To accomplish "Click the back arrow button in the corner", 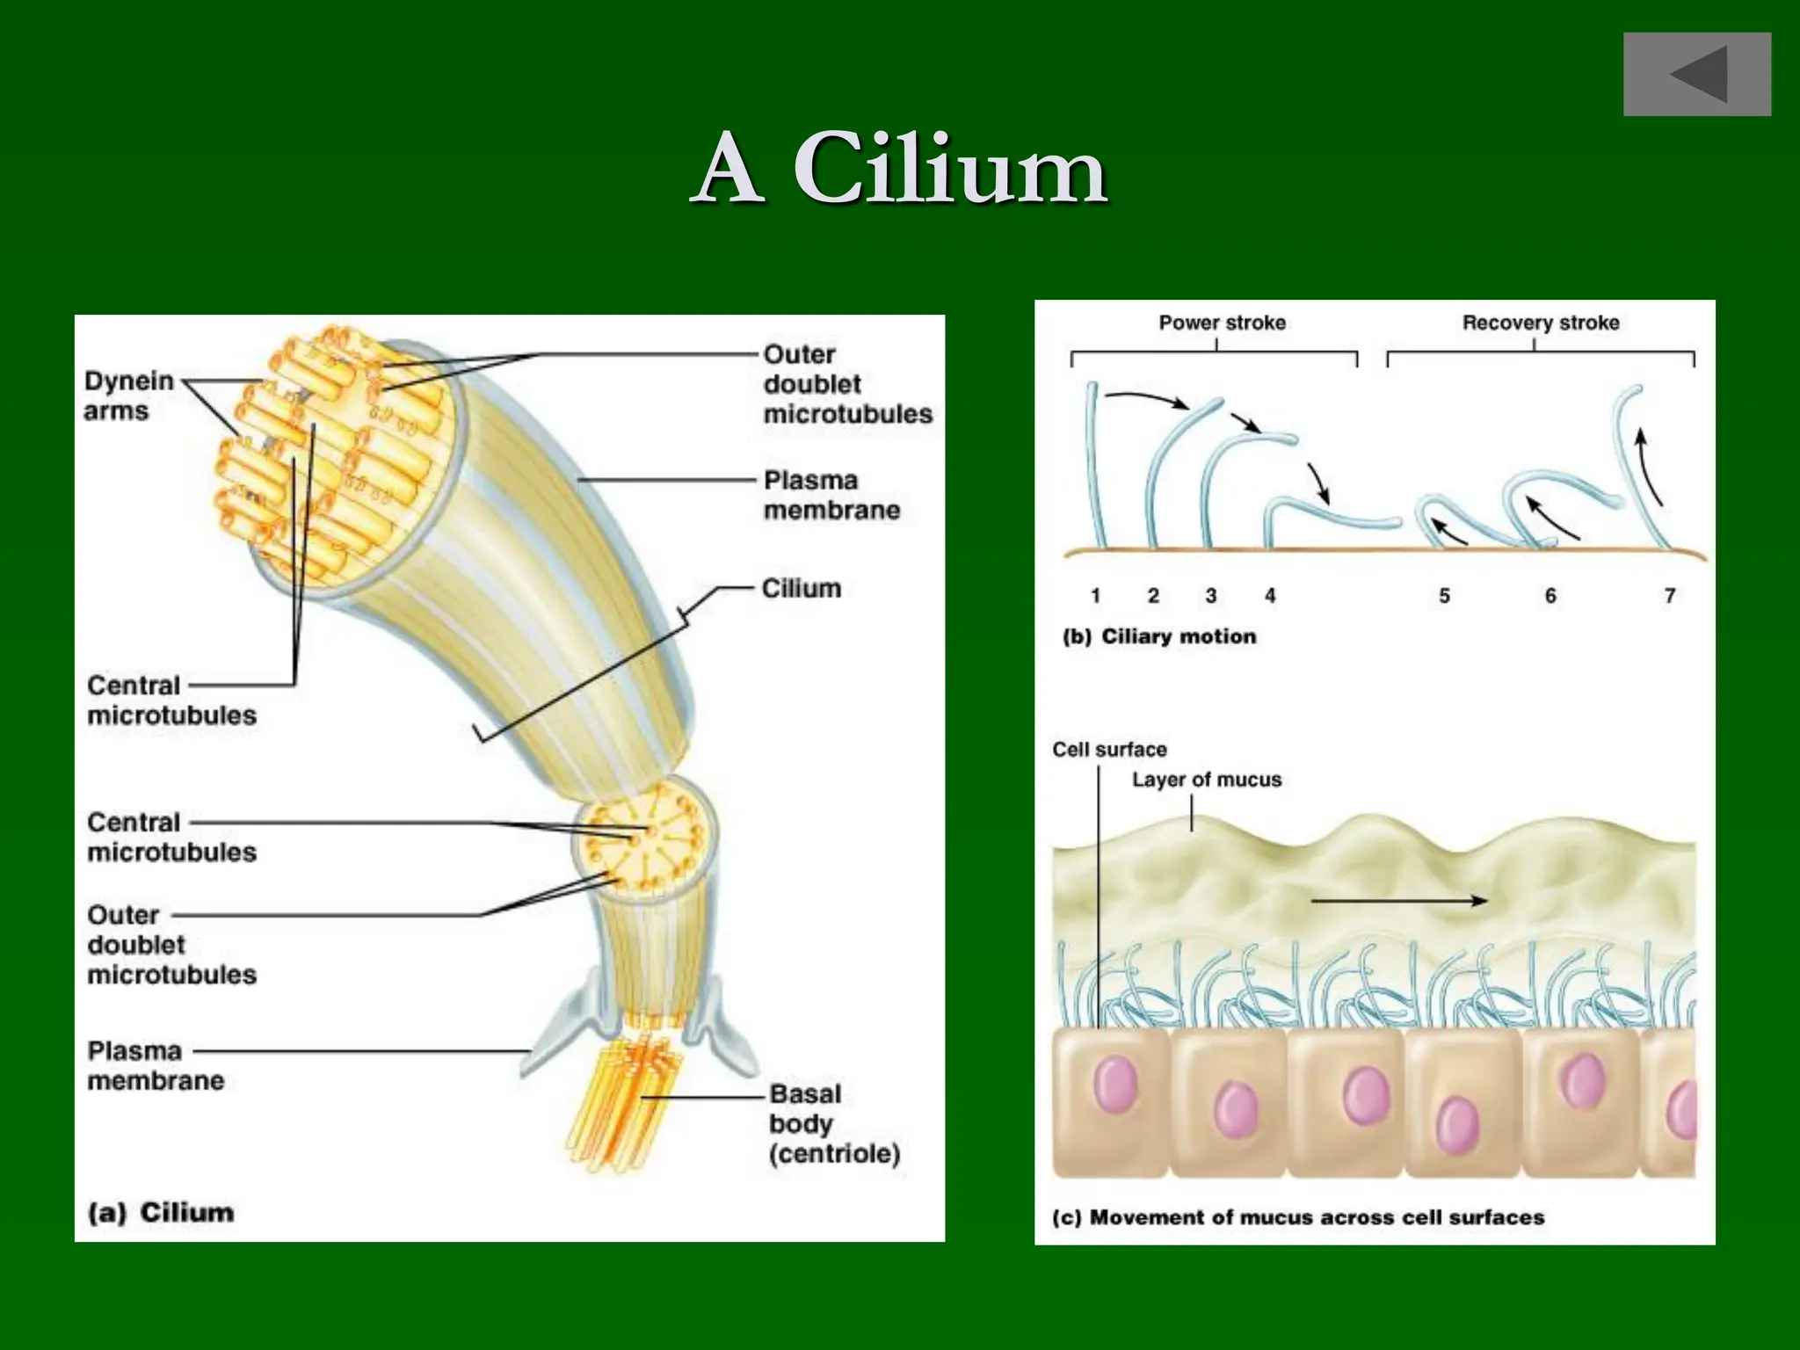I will pos(1696,75).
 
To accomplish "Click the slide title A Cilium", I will pos(900,169).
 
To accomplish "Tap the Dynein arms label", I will pos(128,396).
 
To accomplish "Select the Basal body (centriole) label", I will pos(833,1123).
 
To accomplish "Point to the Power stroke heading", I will pos(1222,323).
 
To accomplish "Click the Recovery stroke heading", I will pos(1540,323).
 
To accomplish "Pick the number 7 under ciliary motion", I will pos(1669,596).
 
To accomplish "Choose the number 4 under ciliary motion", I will pos(1269,596).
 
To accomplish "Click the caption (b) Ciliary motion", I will pos(1159,636).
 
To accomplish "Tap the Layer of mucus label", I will pos(1206,780).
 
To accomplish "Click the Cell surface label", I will pos(1109,750).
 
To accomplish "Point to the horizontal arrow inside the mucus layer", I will pos(1397,900).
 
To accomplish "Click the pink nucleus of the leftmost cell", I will pos(1116,1085).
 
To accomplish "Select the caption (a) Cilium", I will pos(162,1213).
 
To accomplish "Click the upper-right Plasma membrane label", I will pos(831,495).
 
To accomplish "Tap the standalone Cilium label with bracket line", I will pos(801,588).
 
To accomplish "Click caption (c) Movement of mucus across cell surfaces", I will pos(1298,1217).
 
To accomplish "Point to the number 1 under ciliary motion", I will pos(1095,596).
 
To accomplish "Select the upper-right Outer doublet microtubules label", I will pos(846,384).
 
